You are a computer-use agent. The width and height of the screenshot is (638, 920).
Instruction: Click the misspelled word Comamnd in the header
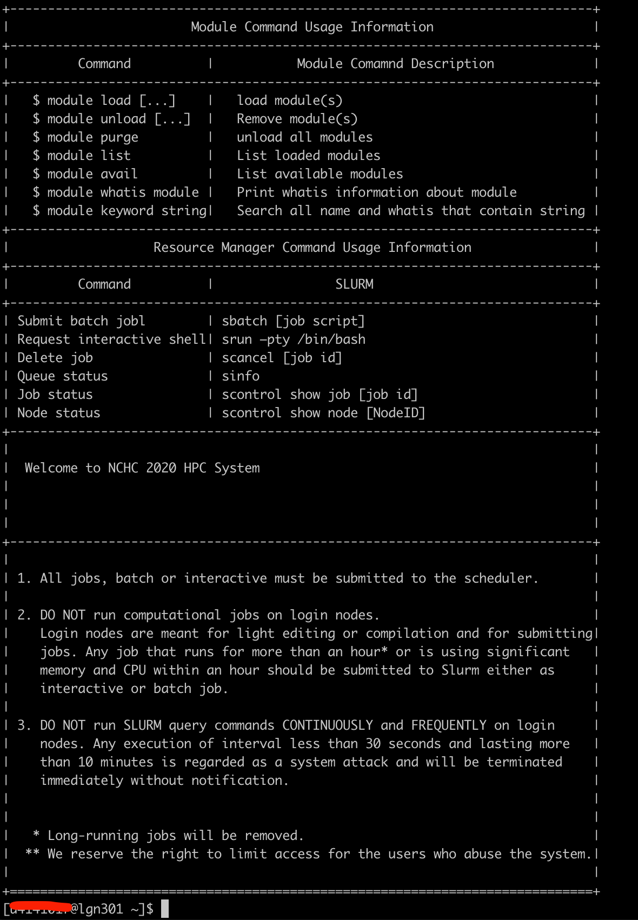click(377, 64)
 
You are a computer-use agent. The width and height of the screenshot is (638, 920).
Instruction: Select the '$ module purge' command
click(85, 137)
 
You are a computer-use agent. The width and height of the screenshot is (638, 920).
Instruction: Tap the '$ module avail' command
click(85, 174)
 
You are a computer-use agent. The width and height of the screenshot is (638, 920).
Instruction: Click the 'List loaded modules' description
click(308, 156)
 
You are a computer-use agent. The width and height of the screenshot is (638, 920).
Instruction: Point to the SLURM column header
click(354, 284)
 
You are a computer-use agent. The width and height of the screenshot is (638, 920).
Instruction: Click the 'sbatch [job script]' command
click(293, 321)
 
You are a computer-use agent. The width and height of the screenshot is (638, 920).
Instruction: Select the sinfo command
click(241, 376)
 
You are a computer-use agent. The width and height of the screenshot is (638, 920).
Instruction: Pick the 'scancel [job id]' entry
click(282, 358)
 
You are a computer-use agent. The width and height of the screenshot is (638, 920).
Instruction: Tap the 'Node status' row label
click(58, 413)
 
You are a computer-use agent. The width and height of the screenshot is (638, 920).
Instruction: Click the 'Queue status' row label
click(62, 376)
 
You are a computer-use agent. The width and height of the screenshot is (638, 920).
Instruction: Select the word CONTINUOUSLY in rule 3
click(328, 725)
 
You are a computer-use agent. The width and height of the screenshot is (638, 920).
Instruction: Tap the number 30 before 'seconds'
click(373, 744)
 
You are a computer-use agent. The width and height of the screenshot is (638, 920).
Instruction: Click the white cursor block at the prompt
click(165, 909)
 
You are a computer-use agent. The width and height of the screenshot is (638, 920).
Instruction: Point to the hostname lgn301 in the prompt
click(101, 909)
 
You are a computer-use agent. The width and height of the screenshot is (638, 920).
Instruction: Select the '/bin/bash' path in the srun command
click(331, 339)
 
